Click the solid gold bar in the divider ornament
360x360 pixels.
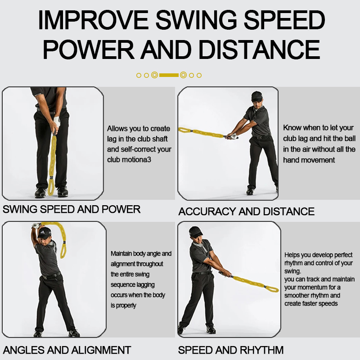coord(169,75)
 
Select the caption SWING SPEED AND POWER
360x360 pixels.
coord(72,209)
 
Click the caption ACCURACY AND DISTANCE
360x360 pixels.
coord(246,211)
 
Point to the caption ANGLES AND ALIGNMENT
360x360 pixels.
coord(67,350)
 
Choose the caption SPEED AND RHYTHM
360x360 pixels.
coord(231,350)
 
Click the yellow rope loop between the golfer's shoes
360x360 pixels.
coord(50,187)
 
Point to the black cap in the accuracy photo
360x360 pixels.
coord(256,96)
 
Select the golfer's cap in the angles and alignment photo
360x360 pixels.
coord(44,234)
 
